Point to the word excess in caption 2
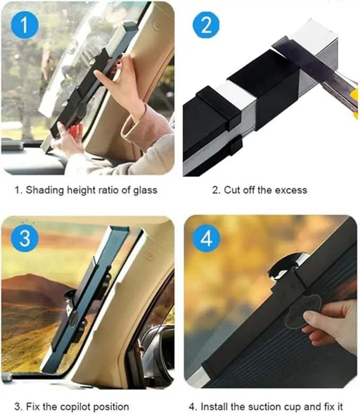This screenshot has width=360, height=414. coord(292,189)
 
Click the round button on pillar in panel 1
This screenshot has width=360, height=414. coord(156,25)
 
